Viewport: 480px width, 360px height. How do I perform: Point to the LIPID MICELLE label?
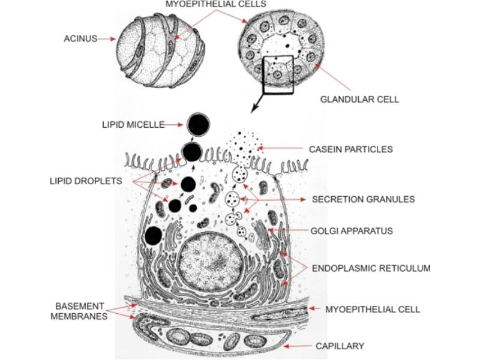coord(133,125)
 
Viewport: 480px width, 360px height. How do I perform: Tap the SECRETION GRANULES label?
coord(355,199)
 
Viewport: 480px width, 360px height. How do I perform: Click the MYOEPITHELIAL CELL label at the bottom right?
coord(373,310)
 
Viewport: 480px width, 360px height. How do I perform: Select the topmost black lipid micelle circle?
coord(199,125)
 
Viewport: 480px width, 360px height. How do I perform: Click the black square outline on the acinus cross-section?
coord(277,75)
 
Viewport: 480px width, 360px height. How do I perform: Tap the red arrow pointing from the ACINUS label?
coord(106,39)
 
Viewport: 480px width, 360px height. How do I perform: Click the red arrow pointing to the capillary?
coord(298,346)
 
